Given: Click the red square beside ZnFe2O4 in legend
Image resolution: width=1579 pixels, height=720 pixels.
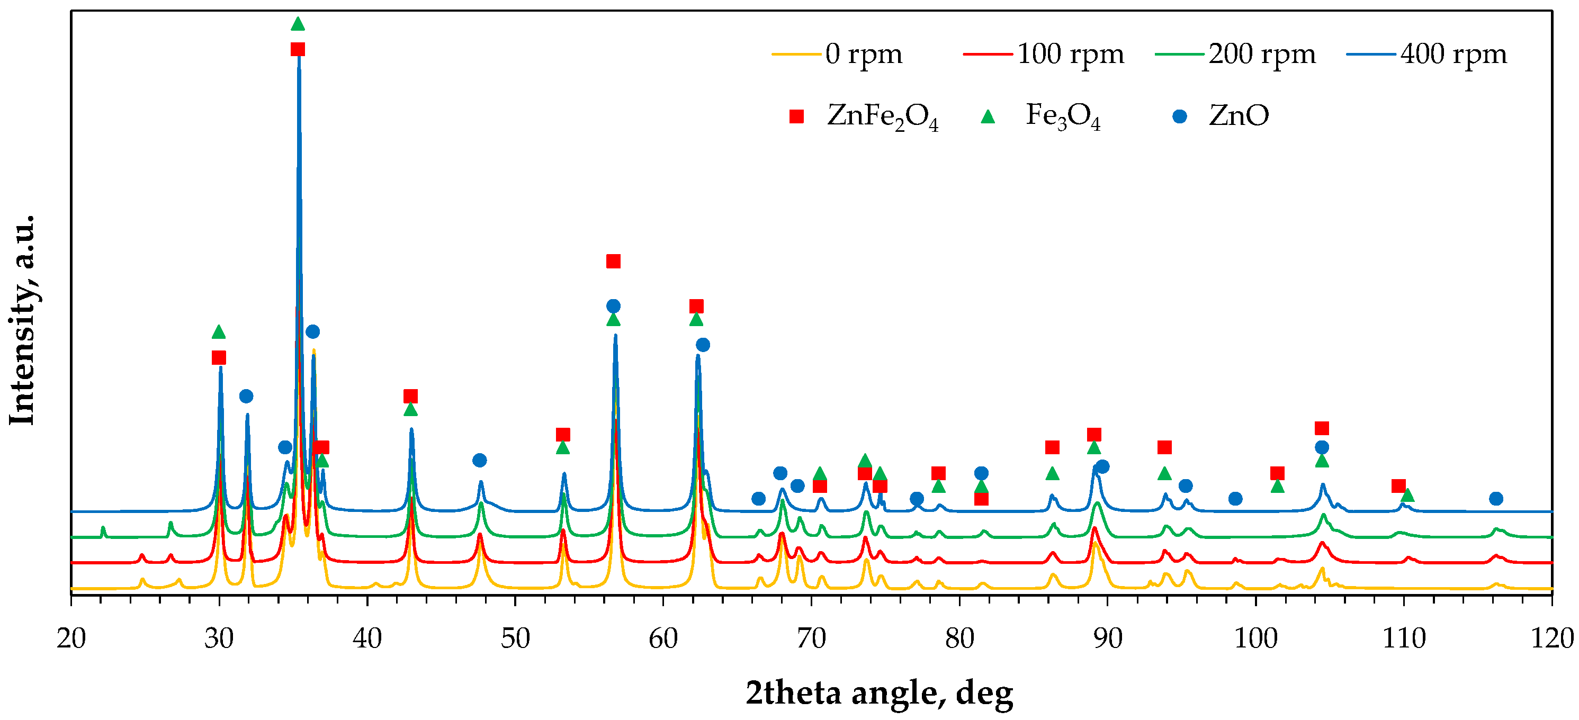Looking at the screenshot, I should point(796,116).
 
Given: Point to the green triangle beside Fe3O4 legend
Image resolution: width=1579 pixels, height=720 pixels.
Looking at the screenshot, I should point(988,116).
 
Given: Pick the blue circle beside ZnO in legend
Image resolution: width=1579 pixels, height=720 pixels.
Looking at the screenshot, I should point(1179,116).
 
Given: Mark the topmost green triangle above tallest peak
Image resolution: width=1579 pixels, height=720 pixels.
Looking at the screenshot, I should point(298,24).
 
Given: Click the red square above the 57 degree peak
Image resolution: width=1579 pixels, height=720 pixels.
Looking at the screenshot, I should point(613,262).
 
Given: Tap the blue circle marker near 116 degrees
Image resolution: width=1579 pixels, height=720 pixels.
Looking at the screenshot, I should point(1496,498).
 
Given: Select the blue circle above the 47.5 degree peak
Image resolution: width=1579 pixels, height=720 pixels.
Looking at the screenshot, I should point(479,460).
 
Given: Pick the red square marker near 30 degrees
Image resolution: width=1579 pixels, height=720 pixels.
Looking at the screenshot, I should point(219,357).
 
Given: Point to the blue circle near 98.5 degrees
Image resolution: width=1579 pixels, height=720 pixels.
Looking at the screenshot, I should point(1235,498).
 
